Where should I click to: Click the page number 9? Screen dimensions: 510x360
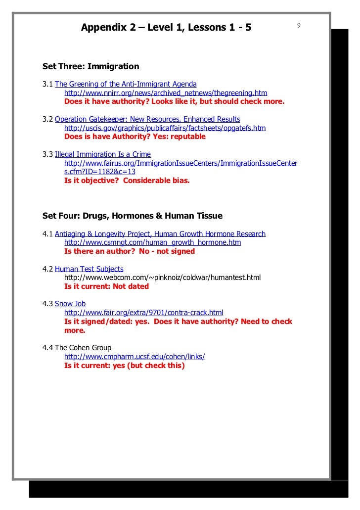[300, 25]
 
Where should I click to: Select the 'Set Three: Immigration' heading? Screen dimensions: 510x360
[91, 66]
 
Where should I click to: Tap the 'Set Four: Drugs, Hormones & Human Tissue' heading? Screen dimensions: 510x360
[133, 216]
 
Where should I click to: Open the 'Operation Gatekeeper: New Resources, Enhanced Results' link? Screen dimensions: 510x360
[147, 119]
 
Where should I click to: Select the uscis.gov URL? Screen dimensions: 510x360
[165, 128]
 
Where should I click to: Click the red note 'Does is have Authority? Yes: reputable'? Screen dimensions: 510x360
[135, 137]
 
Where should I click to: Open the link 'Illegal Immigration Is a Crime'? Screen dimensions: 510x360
[102, 154]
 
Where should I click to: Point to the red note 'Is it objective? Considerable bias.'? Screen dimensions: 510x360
[127, 181]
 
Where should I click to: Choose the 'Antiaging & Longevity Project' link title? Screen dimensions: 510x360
[160, 233]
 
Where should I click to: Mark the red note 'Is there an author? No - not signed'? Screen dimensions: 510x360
[130, 251]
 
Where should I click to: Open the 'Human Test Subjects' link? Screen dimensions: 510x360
[89, 269]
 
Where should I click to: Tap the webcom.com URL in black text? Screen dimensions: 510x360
[162, 277]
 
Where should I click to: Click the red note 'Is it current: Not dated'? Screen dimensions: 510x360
[106, 286]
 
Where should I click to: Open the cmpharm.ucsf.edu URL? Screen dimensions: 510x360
[135, 356]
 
